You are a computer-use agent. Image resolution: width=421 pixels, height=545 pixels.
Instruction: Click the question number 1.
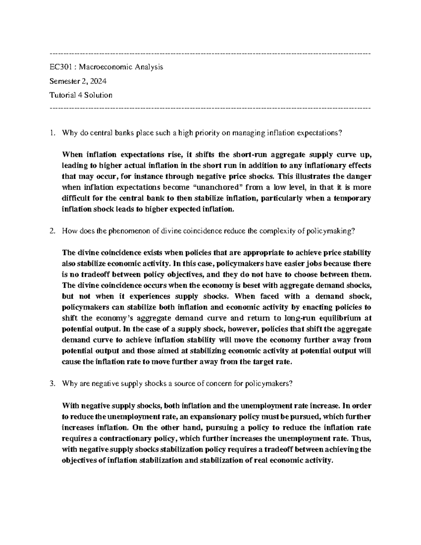52,133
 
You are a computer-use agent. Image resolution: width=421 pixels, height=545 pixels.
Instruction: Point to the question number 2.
52,231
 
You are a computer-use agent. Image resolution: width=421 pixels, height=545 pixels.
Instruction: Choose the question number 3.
52,384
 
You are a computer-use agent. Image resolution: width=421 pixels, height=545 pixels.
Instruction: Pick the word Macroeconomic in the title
103,67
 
